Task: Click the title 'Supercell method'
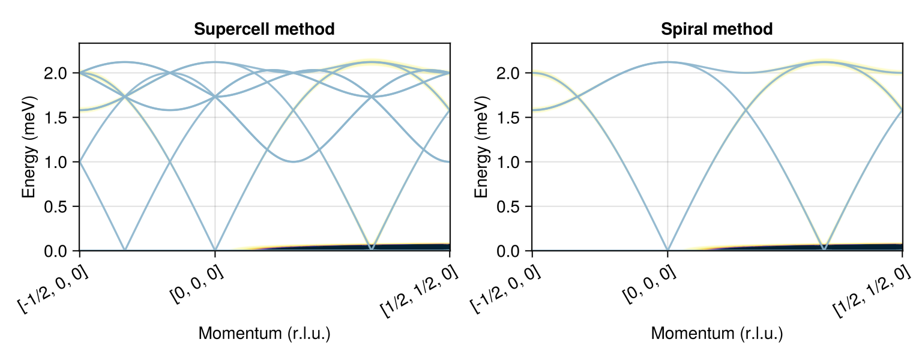point(265,29)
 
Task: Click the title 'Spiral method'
point(717,29)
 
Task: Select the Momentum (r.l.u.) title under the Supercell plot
point(265,334)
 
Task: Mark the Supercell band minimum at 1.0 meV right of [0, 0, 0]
point(293,161)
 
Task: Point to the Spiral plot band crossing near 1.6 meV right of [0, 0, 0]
point(746,110)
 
